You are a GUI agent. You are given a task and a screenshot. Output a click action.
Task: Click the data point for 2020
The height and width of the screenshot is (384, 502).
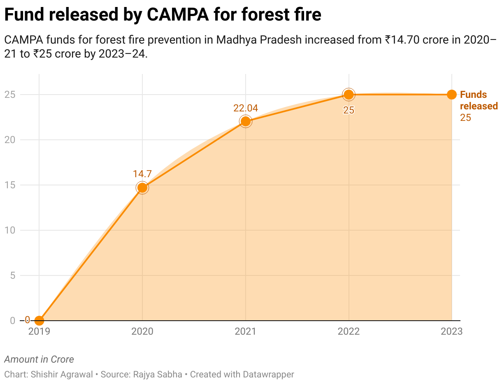[142, 188]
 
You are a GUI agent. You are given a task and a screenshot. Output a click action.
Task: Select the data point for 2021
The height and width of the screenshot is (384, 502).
[246, 121]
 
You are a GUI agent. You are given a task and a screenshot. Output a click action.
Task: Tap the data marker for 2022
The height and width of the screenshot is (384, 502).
[349, 95]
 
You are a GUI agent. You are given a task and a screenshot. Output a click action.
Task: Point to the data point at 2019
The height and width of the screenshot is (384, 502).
[39, 320]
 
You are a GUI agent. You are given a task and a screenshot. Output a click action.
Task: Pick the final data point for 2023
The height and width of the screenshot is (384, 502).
[452, 95]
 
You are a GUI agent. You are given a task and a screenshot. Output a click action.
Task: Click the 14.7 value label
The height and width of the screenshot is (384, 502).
[142, 174]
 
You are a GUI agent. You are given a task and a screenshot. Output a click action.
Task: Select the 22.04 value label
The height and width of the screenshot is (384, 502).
[246, 108]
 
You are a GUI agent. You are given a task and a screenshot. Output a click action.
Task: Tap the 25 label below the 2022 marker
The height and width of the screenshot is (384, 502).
[349, 110]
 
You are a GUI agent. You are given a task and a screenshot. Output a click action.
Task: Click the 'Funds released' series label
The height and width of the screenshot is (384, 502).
[479, 100]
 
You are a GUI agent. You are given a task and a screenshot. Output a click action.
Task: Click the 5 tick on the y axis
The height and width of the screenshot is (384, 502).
[12, 275]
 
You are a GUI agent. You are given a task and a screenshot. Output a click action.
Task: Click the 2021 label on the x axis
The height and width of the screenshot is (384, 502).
[245, 331]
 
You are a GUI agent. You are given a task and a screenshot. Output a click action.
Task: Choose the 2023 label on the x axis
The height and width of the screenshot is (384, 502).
[451, 331]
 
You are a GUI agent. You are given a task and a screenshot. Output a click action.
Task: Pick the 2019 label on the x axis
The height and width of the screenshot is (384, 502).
[39, 331]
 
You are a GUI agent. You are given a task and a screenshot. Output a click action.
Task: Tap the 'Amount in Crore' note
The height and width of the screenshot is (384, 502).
[39, 359]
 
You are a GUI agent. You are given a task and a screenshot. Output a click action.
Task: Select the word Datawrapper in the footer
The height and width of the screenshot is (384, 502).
[268, 375]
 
